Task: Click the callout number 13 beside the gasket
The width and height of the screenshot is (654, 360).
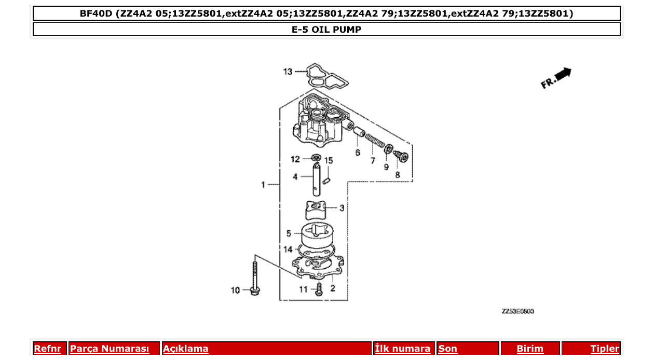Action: click(288, 72)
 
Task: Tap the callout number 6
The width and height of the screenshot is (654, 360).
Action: click(358, 153)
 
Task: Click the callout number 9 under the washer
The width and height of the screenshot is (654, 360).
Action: click(386, 167)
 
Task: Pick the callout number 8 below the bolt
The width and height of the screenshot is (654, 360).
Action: click(398, 175)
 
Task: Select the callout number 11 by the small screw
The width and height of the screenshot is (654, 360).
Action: click(303, 289)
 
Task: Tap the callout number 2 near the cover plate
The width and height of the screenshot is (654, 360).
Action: click(333, 288)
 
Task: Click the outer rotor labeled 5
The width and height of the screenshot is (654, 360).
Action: click(317, 237)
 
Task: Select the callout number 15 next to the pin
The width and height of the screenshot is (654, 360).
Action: click(329, 160)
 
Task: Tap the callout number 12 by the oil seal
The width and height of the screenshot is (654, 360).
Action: click(295, 159)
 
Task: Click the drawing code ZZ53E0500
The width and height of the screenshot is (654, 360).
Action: click(517, 311)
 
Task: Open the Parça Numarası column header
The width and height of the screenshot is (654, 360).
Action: click(110, 349)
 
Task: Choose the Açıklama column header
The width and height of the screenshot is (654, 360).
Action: click(186, 349)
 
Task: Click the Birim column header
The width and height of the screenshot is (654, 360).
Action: click(530, 349)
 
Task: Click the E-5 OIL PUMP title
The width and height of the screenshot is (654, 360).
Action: click(326, 30)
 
